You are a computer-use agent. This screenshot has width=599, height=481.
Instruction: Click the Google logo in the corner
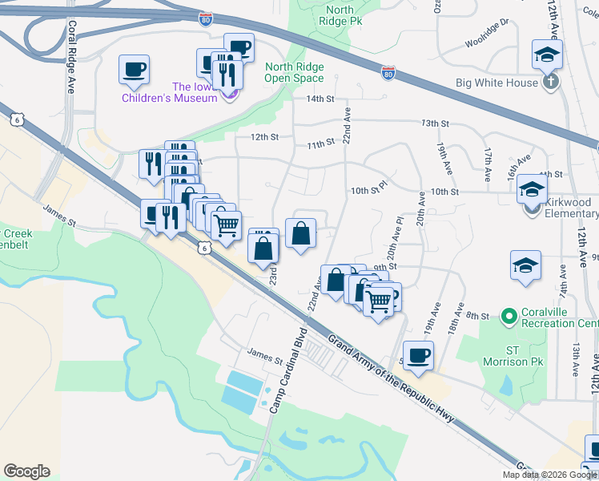tap(26, 471)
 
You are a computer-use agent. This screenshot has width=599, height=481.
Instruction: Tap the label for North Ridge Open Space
tap(295, 73)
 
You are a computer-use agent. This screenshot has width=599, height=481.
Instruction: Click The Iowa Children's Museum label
tap(169, 92)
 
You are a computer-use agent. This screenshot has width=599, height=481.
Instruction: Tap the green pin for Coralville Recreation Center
tap(508, 317)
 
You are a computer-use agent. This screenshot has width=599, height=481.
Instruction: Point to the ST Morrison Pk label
tap(525, 356)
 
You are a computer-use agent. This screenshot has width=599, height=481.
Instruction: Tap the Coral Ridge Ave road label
tap(71, 57)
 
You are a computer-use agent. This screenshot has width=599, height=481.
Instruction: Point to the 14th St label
tap(319, 99)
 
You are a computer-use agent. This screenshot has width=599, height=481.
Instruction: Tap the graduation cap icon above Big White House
tap(547, 54)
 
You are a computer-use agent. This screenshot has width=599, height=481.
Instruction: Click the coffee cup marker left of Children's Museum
tap(134, 68)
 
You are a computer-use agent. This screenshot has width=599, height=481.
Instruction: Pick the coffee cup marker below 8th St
tap(417, 355)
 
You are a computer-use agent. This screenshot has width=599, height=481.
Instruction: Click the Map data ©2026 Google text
tap(549, 475)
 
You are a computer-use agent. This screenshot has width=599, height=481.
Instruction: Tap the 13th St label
tap(435, 123)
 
